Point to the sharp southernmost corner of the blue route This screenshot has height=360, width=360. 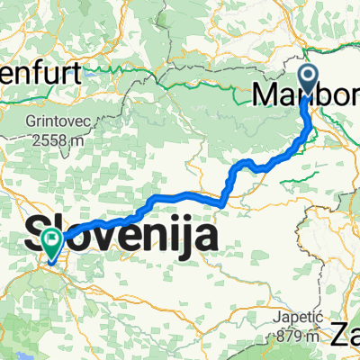coord(220,204)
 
